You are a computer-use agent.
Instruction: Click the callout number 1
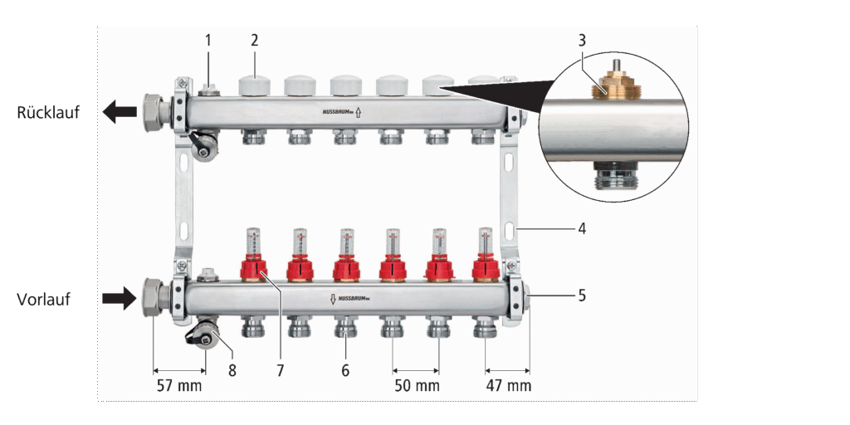[208, 39]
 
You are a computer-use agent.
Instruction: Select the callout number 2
[255, 39]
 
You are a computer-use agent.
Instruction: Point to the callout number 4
[582, 228]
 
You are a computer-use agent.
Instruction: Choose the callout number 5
[582, 295]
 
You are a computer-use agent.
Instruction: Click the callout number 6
[345, 370]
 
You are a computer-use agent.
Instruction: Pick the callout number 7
[281, 370]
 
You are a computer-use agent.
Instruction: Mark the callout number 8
[232, 370]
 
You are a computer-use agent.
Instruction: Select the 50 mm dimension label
[417, 386]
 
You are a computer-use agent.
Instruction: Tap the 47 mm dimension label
[508, 386]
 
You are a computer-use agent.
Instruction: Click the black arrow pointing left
[120, 110]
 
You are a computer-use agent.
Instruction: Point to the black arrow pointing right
[120, 297]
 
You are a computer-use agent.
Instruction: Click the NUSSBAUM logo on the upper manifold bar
[340, 110]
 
